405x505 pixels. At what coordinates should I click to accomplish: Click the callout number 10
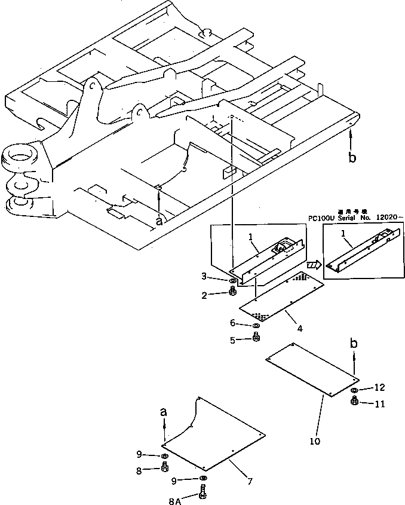315,442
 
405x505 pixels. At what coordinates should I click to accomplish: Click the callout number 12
380,387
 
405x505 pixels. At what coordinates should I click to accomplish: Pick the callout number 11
379,405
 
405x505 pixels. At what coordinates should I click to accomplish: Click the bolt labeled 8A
203,494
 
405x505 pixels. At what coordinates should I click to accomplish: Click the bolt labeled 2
233,292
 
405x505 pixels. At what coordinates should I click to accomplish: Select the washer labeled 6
256,326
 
